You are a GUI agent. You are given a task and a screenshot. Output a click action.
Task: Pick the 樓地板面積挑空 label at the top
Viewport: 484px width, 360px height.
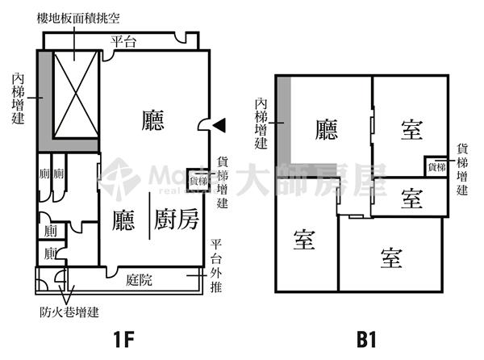79,18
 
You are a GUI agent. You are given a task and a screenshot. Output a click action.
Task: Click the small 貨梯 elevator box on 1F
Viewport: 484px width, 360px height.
198,180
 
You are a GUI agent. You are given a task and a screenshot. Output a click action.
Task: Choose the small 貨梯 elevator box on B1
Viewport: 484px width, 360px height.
436,167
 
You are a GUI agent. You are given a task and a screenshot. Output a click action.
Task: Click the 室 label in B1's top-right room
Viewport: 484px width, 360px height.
411,127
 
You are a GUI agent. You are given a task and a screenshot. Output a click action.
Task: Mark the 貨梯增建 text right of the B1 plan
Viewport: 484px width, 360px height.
462,169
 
